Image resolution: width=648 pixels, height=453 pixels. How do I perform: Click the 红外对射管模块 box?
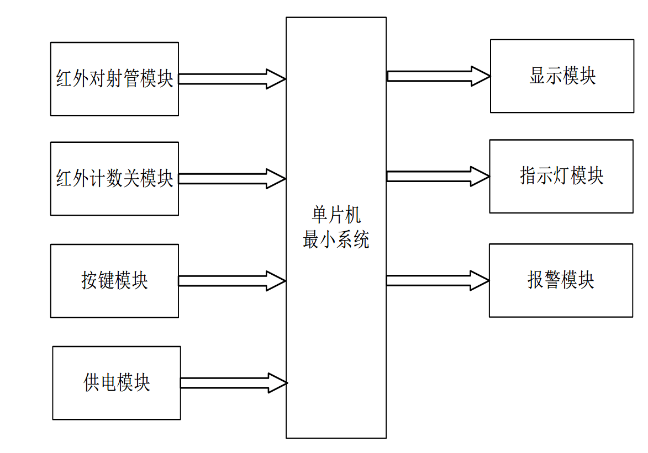[x=114, y=79]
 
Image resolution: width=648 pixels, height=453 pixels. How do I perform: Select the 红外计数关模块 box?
[x=114, y=179]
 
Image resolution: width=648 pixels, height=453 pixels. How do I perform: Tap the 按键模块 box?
[x=114, y=281]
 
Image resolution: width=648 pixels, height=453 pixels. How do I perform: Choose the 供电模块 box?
[x=117, y=383]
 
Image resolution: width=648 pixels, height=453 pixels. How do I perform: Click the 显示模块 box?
[x=562, y=76]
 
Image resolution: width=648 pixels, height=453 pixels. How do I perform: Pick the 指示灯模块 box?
[x=561, y=176]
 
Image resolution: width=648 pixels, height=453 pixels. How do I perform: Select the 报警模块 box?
[x=561, y=280]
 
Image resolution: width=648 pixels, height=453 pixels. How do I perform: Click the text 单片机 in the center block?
[x=336, y=215]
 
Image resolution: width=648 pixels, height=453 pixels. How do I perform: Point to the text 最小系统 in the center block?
[x=336, y=239]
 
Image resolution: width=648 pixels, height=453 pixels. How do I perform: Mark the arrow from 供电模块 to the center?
[x=233, y=383]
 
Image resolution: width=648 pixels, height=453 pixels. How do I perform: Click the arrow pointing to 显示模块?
[x=438, y=76]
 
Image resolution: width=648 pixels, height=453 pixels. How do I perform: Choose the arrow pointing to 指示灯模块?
[x=438, y=177]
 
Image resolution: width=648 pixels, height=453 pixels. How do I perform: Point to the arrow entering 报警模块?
[x=438, y=280]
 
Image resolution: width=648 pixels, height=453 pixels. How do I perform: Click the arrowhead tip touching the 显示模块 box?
[x=488, y=76]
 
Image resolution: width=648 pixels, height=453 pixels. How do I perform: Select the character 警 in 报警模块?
[x=552, y=280]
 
